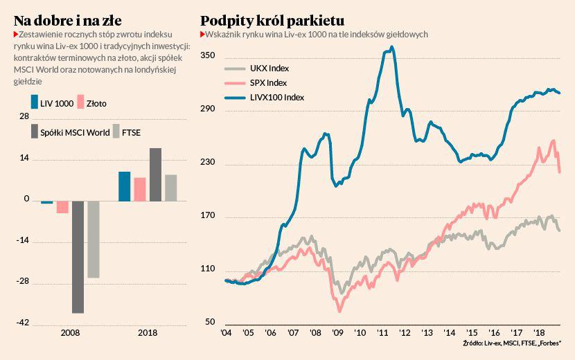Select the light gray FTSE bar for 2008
[93, 240]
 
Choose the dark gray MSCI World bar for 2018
[155, 174]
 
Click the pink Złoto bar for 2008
[62, 207]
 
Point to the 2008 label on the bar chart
[70, 333]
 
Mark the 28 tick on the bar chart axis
[24, 117]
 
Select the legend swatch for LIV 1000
[35, 103]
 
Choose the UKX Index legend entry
[267, 69]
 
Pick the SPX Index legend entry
[267, 83]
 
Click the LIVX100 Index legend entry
[275, 98]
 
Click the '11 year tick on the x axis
[382, 333]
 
